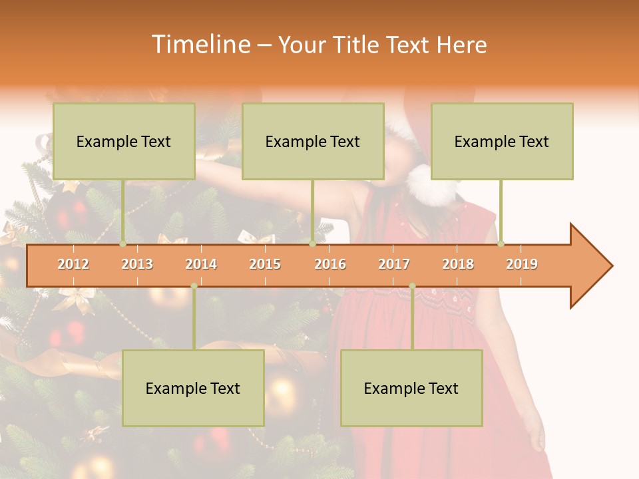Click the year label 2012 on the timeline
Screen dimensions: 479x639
tap(73, 264)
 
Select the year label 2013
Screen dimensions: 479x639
tap(137, 264)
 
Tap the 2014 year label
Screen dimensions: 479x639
tap(201, 264)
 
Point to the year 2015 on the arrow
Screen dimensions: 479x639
tap(265, 264)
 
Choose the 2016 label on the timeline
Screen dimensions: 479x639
tap(330, 264)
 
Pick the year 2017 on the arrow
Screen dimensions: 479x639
tap(394, 264)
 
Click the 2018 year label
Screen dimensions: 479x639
tap(458, 264)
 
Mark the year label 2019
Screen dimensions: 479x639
tap(522, 264)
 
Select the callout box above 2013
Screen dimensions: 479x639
tap(124, 141)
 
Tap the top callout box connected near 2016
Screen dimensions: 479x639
tap(313, 141)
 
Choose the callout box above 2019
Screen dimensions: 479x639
tap(502, 141)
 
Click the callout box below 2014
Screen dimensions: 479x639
tap(193, 388)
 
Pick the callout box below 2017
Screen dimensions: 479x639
tap(411, 388)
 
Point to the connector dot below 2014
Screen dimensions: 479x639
tap(194, 286)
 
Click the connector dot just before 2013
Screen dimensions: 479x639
tap(123, 243)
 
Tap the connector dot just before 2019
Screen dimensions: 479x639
tap(501, 243)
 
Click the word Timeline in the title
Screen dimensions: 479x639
tap(200, 45)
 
